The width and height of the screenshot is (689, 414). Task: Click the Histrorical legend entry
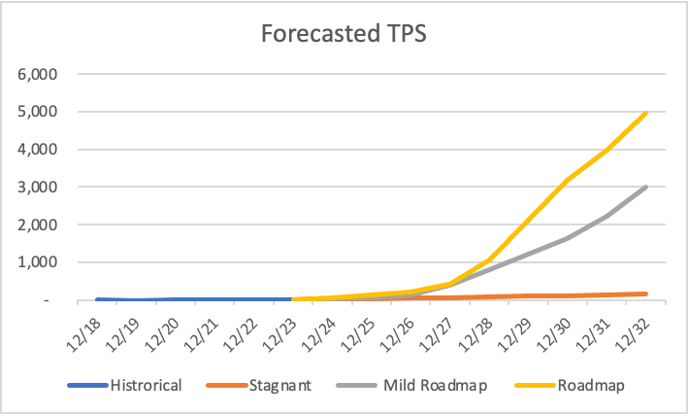tap(146, 386)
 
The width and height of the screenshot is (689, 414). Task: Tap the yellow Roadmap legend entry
tap(590, 386)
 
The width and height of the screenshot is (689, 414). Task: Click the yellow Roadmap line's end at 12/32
tap(646, 113)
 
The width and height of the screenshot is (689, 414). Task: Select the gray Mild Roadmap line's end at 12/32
tap(646, 187)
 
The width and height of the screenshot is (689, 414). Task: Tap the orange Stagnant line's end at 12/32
tap(646, 293)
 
